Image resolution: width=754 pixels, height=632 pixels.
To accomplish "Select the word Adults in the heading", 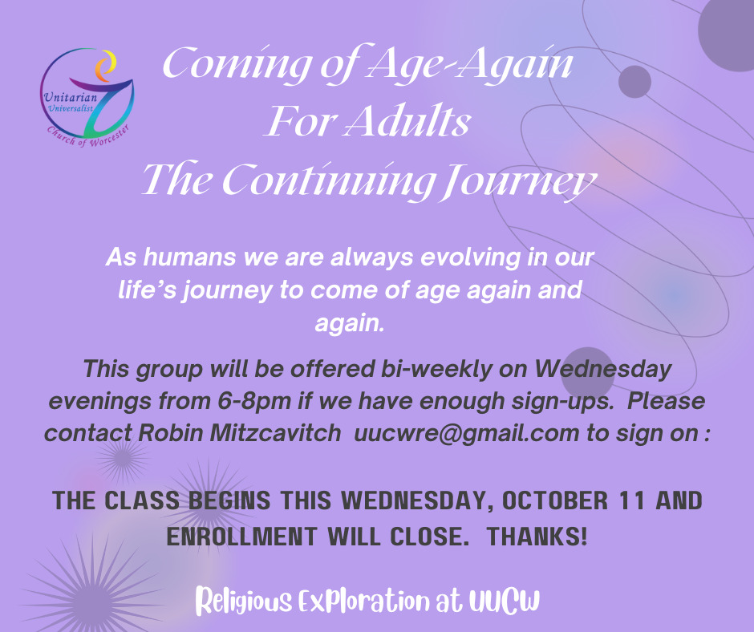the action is tap(408, 121).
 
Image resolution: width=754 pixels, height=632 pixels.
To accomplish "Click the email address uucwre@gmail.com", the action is tap(467, 433).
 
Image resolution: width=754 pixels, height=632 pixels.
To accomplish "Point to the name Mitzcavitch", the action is tap(276, 432).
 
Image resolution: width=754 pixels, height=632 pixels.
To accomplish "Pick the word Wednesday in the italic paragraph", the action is tap(603, 369).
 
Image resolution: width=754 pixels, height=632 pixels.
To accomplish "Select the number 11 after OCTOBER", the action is tap(632, 500).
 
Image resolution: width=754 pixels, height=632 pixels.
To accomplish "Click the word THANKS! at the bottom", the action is tap(537, 537).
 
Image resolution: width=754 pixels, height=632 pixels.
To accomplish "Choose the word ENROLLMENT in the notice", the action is tap(242, 537).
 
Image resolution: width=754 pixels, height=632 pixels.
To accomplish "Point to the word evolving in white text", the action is tap(470, 257).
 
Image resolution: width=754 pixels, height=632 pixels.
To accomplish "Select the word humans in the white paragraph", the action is tap(189, 257).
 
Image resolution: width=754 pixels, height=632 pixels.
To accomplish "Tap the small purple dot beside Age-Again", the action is tap(634, 82).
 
